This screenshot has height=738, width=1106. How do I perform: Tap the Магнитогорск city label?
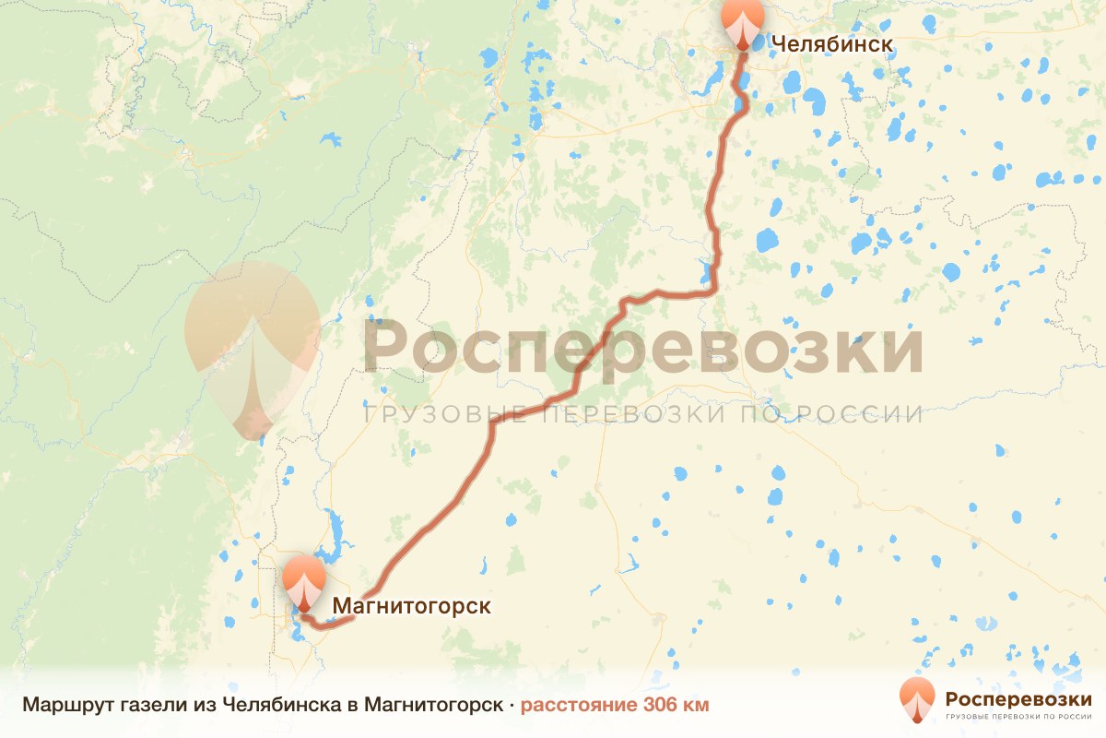tap(411, 606)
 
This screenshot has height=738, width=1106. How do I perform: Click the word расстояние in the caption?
tap(571, 706)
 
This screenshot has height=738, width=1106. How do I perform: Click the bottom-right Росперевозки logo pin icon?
tap(916, 698)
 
